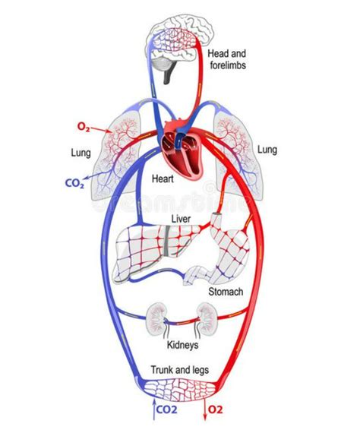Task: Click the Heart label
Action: [x=163, y=179]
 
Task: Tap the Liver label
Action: [x=181, y=219]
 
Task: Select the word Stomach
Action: [x=226, y=292]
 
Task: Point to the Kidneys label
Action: [x=182, y=345]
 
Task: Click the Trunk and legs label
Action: [x=179, y=369]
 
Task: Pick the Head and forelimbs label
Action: [x=227, y=59]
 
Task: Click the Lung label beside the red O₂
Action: [x=81, y=153]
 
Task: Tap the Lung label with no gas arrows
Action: [x=267, y=150]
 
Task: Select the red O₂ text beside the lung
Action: [x=84, y=127]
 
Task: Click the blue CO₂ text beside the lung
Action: [x=74, y=183]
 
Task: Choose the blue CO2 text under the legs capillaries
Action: [x=166, y=409]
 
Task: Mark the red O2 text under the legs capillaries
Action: [x=216, y=409]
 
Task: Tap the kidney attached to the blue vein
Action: [x=156, y=319]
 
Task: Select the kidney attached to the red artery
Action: [x=207, y=318]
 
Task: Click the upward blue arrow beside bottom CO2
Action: [x=153, y=409]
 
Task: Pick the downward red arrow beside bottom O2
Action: [x=204, y=409]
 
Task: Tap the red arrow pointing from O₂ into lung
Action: [x=101, y=130]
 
